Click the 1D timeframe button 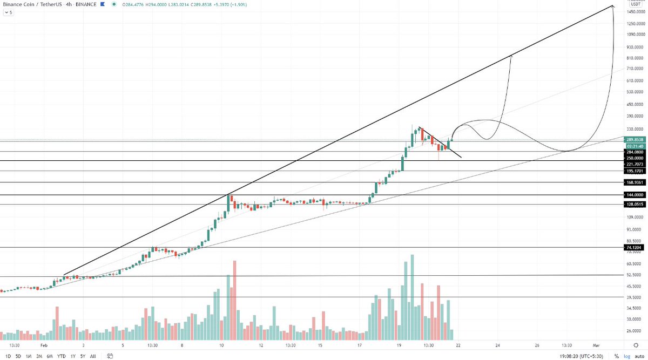7,356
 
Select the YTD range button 62,356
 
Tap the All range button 93,356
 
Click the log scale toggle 626,356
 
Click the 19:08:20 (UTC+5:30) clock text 578,356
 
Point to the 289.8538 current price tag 634,139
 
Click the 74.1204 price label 634,247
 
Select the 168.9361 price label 634,182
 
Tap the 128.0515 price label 634,205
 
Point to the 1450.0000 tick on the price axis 634,11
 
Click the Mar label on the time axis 596,345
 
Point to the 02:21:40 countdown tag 634,146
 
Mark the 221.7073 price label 634,164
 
